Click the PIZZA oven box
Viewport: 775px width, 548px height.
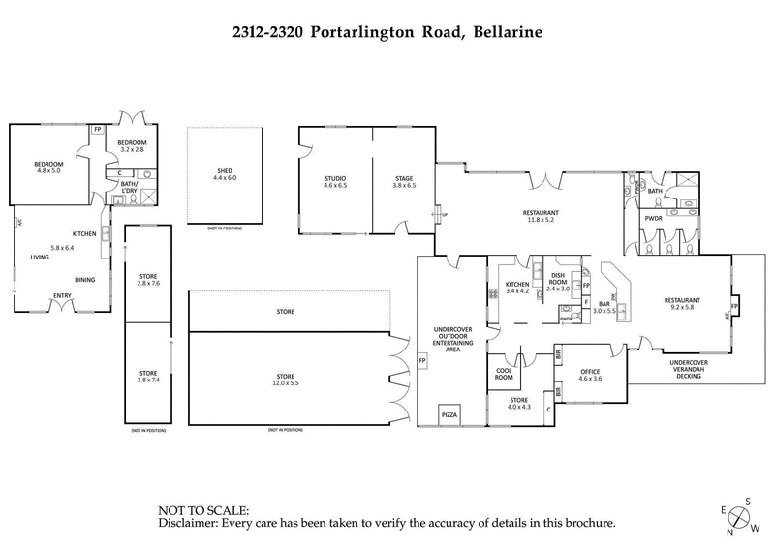coord(449,414)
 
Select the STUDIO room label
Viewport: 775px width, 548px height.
coord(335,178)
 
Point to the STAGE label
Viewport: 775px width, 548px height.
coord(405,178)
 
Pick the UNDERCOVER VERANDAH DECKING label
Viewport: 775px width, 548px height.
coord(689,369)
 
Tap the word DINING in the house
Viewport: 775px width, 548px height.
coord(85,279)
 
